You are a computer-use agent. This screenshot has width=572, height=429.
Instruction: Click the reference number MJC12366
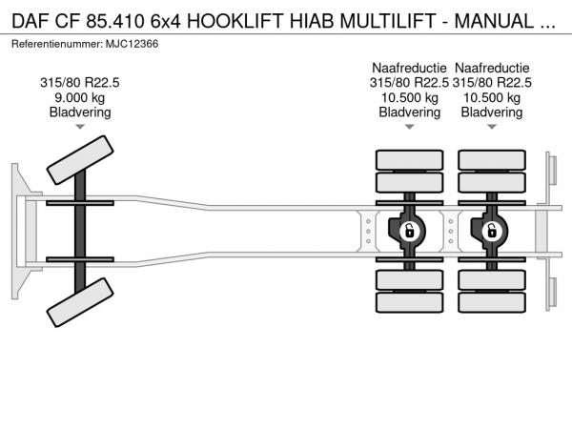[133, 44]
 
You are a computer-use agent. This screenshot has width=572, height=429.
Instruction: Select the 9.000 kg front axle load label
[80, 97]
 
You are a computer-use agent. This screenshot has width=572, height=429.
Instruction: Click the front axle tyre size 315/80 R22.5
[80, 83]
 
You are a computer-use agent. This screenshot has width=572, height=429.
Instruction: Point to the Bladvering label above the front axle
[80, 112]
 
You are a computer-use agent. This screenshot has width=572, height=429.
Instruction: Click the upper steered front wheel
[80, 160]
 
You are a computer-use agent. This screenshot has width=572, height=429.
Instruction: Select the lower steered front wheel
[80, 302]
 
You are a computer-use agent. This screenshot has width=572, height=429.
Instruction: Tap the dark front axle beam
[80, 232]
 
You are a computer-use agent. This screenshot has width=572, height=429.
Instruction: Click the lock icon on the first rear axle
[410, 232]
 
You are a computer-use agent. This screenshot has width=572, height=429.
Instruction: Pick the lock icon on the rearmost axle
[492, 232]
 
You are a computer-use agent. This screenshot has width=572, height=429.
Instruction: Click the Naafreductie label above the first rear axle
[409, 68]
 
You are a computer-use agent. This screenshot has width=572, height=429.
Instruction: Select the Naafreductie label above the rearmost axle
[492, 68]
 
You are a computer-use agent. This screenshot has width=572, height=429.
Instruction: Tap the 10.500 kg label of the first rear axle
[410, 97]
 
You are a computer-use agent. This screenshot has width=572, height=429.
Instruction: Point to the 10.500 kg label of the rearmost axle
[492, 97]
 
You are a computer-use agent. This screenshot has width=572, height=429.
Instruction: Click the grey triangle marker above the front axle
[80, 127]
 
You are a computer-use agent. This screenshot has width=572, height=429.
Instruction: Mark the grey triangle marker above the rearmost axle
[492, 127]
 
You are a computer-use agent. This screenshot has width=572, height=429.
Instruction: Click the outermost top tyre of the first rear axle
[410, 160]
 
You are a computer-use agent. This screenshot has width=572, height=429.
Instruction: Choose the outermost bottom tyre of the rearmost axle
[492, 302]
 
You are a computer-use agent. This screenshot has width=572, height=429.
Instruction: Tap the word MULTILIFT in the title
[388, 21]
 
